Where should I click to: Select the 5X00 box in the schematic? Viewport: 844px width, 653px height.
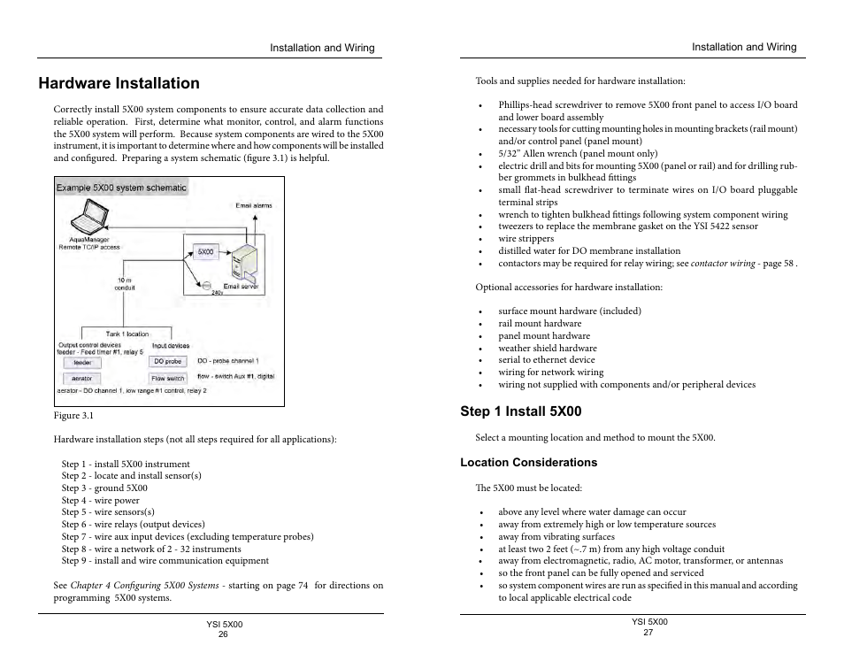click(205, 251)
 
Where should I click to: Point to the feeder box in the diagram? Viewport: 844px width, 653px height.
click(82, 362)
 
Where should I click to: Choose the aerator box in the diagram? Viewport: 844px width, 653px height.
click(82, 378)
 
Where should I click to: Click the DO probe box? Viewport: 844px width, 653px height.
click(168, 361)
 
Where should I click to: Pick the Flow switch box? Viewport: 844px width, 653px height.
click(168, 378)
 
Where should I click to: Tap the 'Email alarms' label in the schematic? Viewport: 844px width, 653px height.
click(254, 205)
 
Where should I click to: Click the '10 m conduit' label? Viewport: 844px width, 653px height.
click(126, 284)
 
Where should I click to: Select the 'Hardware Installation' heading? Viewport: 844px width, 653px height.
click(119, 83)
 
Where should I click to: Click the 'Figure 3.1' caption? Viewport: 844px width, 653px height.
click(73, 416)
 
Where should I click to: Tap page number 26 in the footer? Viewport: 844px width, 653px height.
click(223, 634)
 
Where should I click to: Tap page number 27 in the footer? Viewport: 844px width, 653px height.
click(648, 632)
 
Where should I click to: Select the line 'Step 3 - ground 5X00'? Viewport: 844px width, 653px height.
click(104, 488)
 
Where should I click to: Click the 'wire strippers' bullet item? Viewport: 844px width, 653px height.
click(526, 239)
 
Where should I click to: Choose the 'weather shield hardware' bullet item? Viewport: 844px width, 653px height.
click(547, 349)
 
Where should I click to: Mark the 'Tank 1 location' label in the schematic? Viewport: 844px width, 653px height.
click(127, 334)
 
